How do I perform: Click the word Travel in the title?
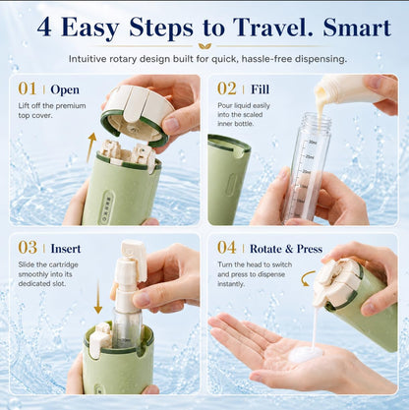[x=274, y=28]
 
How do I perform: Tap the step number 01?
[x=28, y=88]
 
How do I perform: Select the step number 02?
[x=227, y=88]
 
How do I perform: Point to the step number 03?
[x=28, y=248]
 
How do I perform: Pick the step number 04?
[x=227, y=248]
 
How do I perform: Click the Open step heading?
[x=65, y=89]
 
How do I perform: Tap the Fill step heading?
[x=260, y=89]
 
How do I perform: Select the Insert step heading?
[x=66, y=249]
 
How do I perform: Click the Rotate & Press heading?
[x=286, y=249]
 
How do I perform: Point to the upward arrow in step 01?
[x=91, y=147]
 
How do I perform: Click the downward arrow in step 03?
[x=98, y=297]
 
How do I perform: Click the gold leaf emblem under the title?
[x=204, y=46]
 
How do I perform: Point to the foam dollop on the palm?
[x=306, y=354]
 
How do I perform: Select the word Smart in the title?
[x=357, y=28]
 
